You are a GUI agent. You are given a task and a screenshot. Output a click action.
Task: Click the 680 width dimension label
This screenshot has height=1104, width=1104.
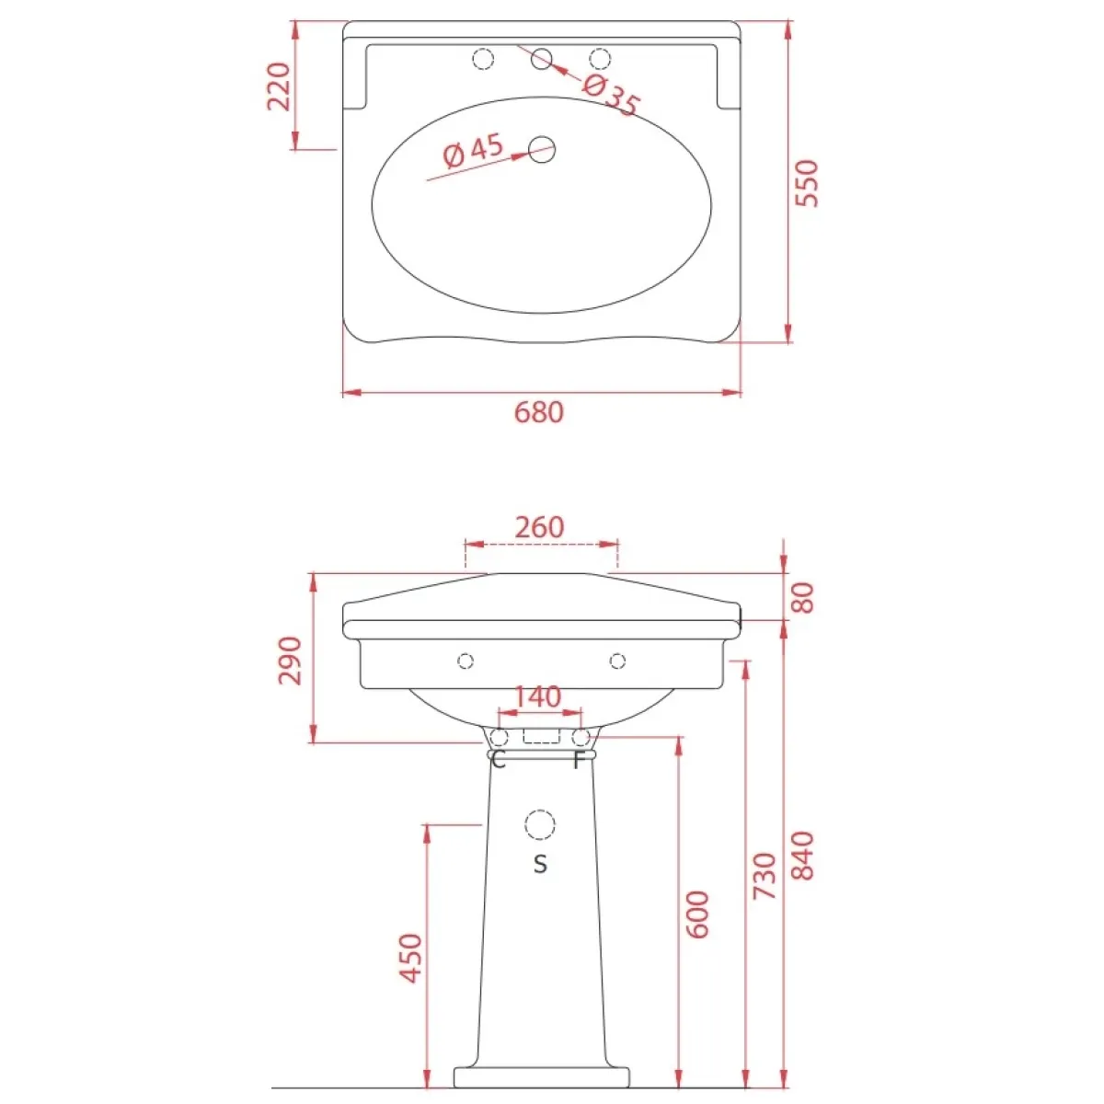[x=538, y=412]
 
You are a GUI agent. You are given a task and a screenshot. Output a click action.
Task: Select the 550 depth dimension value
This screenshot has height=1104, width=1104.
[x=807, y=183]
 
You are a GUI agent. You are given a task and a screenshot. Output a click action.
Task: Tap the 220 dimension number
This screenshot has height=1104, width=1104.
[x=280, y=86]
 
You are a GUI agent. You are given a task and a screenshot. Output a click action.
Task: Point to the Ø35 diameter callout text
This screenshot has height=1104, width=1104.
[x=611, y=96]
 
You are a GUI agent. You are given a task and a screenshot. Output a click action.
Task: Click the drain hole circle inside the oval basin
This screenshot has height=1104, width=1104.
[x=541, y=150]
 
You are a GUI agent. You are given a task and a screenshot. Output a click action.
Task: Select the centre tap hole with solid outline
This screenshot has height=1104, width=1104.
[x=541, y=59]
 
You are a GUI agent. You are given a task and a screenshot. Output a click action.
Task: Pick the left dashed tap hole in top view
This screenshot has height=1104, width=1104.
[x=483, y=59]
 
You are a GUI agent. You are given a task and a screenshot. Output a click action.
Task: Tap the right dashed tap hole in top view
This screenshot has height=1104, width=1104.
[x=600, y=59]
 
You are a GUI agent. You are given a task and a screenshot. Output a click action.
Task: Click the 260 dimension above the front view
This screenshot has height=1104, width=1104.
[x=539, y=526]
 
